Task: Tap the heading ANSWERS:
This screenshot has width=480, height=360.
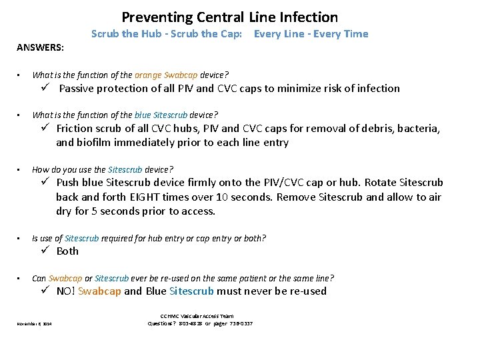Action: (36, 47)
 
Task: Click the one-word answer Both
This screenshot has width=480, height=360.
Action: (67, 251)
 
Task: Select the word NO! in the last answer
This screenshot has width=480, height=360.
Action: (65, 291)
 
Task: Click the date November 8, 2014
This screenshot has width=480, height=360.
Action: (33, 324)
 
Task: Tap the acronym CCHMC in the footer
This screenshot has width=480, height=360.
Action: (170, 316)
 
